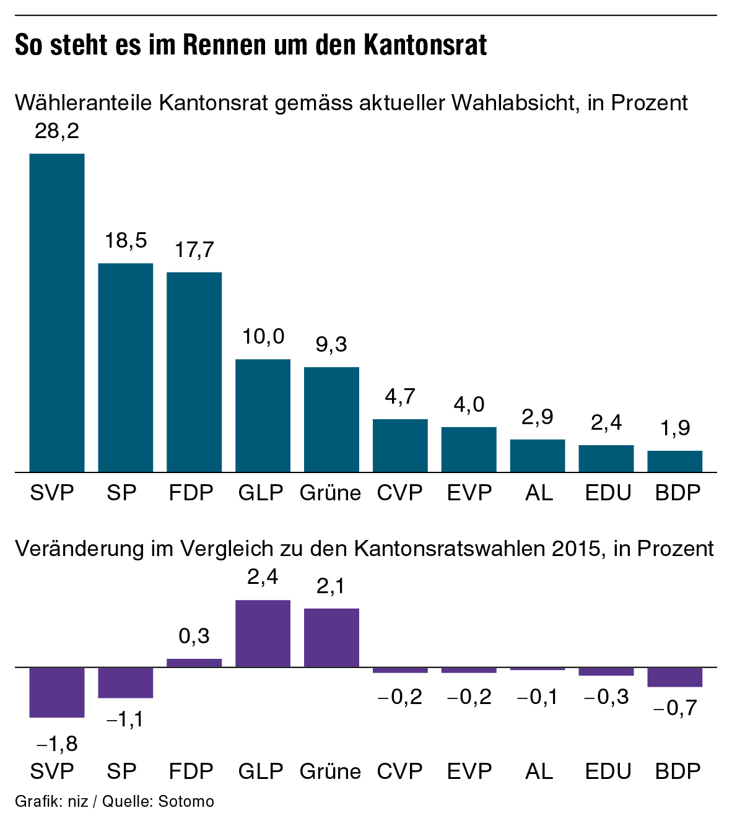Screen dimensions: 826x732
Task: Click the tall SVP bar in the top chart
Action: point(57,313)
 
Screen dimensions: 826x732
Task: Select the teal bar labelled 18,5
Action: point(126,367)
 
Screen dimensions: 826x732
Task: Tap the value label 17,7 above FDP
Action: point(194,250)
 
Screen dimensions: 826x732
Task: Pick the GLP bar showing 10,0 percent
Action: point(263,415)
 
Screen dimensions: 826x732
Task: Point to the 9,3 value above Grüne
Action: point(331,345)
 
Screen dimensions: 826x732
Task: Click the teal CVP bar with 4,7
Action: point(400,445)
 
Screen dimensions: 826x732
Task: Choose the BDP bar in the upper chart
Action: point(675,461)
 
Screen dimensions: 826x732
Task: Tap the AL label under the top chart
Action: point(538,493)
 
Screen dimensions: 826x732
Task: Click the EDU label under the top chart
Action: point(608,493)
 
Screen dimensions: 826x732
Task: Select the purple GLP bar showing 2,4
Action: point(263,633)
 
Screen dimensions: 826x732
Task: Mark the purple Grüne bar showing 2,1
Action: point(331,638)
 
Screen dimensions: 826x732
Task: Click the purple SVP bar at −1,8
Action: point(57,692)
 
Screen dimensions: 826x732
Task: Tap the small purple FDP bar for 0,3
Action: point(194,663)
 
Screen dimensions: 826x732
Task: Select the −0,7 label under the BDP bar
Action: point(675,708)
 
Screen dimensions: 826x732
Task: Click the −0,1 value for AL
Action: point(538,697)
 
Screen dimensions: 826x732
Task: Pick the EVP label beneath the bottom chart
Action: point(469,772)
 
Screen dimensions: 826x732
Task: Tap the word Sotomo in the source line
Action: point(186,802)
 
